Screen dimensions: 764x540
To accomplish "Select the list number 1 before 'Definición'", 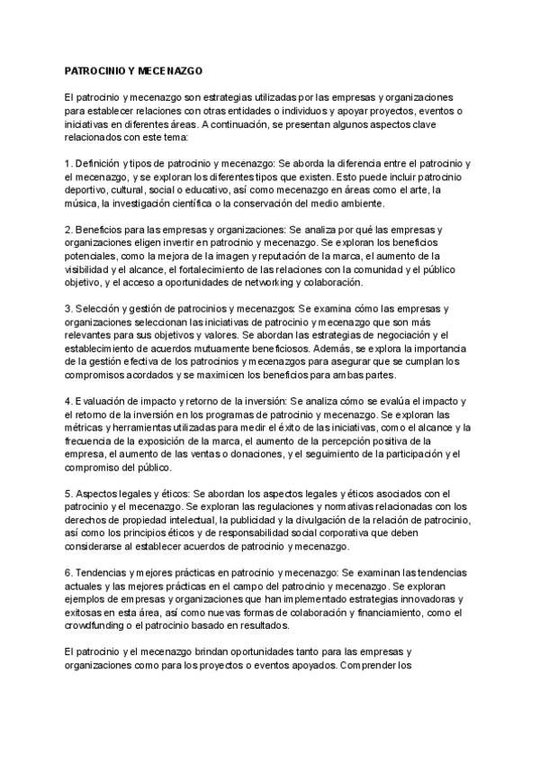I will point(68,164).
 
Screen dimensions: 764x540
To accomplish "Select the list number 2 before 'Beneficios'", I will point(68,230).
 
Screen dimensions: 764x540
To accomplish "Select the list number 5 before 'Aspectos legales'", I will point(68,494).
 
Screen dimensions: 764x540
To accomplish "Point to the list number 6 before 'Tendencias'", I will point(68,573).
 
